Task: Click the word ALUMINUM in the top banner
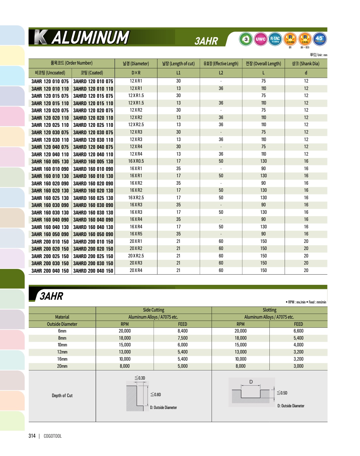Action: (90, 38)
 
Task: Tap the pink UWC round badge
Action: (261, 39)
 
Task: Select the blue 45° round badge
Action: (319, 39)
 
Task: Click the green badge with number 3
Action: (246, 39)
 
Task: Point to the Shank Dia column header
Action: (306, 64)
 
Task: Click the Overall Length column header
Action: (263, 64)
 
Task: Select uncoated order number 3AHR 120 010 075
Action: (50, 82)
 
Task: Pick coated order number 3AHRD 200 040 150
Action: (93, 271)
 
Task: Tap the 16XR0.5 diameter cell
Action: (136, 161)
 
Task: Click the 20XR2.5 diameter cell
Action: (136, 256)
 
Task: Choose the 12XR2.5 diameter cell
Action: (136, 125)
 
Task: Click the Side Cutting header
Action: (153, 310)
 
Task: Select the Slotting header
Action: (269, 310)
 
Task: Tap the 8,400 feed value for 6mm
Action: (183, 331)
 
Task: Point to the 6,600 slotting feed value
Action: (298, 331)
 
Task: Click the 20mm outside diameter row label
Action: (62, 366)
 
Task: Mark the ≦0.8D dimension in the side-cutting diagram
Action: (156, 395)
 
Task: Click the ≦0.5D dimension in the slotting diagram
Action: (282, 393)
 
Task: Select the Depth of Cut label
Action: (62, 396)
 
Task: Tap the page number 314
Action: (32, 436)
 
